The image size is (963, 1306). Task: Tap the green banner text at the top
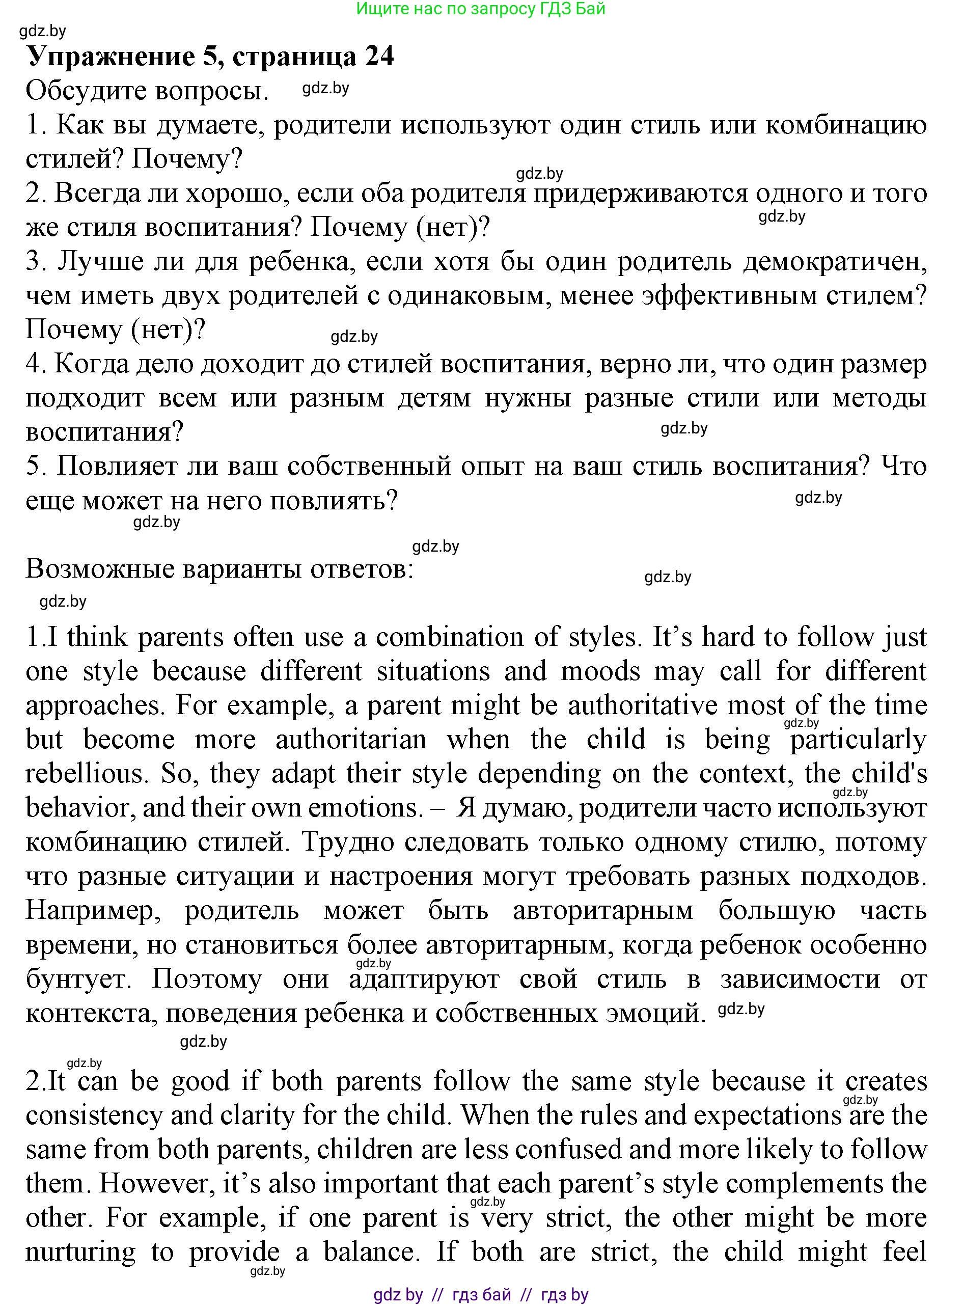pos(480,9)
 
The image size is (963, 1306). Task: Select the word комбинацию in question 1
pos(846,125)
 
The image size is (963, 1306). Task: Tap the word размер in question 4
pos(880,364)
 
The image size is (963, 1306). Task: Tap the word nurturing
pos(80,1252)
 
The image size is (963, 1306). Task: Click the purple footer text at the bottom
pos(480,1294)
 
